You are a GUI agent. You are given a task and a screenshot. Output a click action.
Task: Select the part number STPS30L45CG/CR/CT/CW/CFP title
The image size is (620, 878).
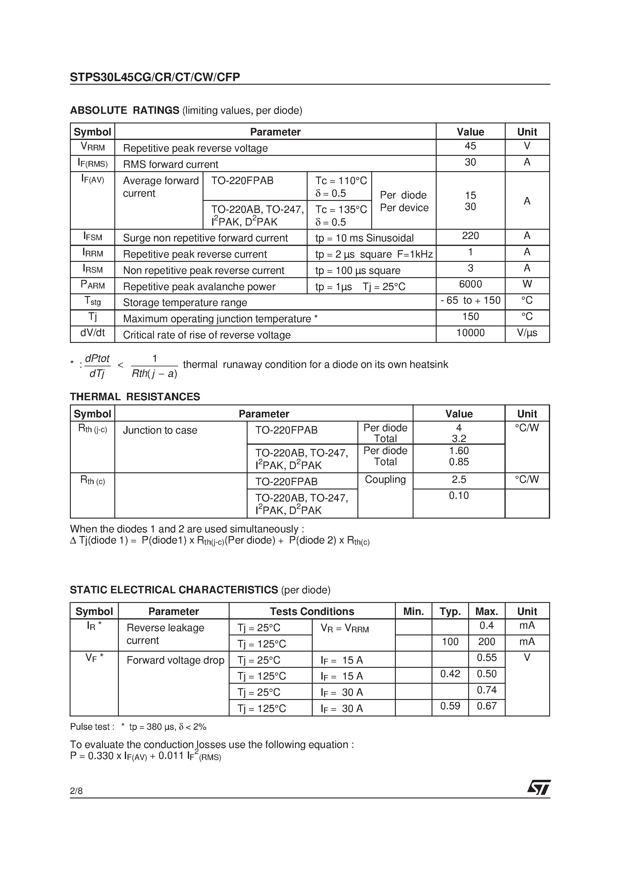point(155,77)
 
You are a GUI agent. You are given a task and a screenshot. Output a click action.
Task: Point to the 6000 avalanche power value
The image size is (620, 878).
point(470,284)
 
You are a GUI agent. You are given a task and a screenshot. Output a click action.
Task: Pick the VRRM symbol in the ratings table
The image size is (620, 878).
point(92,147)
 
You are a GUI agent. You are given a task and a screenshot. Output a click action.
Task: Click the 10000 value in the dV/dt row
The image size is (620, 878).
point(470,333)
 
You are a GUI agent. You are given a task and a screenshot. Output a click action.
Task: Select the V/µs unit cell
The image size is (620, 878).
point(527,333)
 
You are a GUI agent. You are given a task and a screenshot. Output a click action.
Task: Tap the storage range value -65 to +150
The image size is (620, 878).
point(470,301)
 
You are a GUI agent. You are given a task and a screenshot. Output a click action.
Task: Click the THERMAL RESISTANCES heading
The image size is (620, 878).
point(135,397)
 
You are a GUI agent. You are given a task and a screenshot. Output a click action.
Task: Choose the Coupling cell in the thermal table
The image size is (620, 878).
point(385,480)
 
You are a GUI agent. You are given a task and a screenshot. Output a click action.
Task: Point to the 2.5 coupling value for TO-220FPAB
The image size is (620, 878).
point(459,480)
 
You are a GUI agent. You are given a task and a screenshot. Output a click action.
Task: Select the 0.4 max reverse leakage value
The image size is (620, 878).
point(486,625)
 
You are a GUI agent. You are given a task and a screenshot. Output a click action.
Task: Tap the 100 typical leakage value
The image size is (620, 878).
point(450,642)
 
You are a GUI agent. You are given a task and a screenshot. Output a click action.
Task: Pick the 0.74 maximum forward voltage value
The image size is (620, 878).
point(486,690)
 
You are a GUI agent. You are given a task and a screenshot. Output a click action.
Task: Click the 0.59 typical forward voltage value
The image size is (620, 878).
point(450,706)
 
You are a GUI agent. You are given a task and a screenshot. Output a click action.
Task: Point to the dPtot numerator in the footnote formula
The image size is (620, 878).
point(97,359)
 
